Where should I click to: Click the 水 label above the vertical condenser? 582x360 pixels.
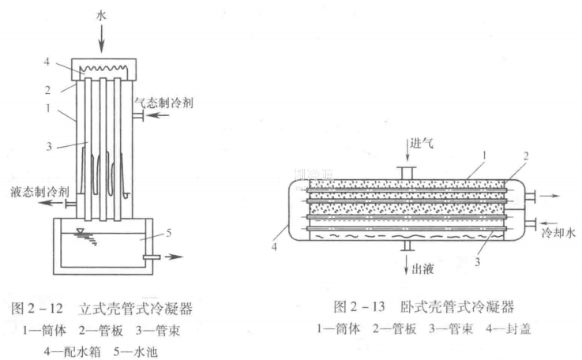(x=103, y=15)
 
